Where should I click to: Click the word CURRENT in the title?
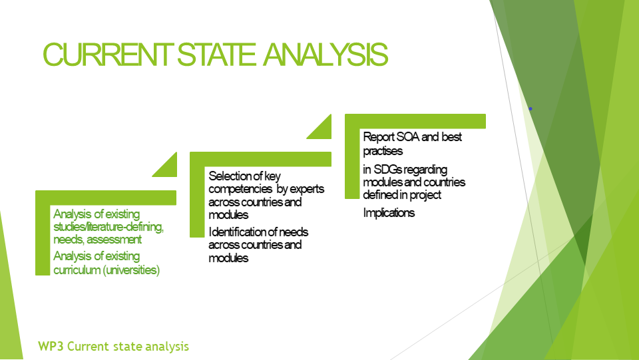pyautogui.click(x=108, y=54)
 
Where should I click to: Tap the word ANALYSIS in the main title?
pyautogui.click(x=325, y=54)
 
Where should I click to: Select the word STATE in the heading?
pyautogui.click(x=216, y=54)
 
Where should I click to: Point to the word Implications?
pyautogui.click(x=389, y=212)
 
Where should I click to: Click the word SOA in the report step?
pyautogui.click(x=408, y=136)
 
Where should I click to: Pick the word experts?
pyautogui.click(x=307, y=190)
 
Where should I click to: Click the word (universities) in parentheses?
pyautogui.click(x=131, y=270)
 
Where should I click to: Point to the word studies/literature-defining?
pyautogui.click(x=108, y=226)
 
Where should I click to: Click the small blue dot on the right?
pyautogui.click(x=531, y=108)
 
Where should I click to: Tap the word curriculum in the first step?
pyautogui.click(x=77, y=270)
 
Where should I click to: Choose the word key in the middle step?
pyautogui.click(x=272, y=176)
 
